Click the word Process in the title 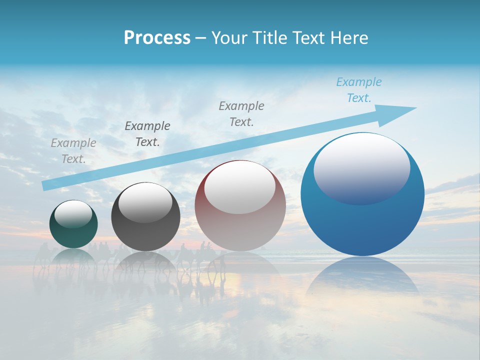[x=157, y=38]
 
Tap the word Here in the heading [x=349, y=38]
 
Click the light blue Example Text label [x=358, y=90]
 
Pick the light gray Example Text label [x=73, y=151]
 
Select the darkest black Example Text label [x=147, y=134]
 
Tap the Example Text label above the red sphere [x=241, y=114]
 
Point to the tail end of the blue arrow [x=46, y=185]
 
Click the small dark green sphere [x=73, y=235]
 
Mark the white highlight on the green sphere [x=73, y=213]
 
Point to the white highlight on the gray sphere [x=145, y=202]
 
